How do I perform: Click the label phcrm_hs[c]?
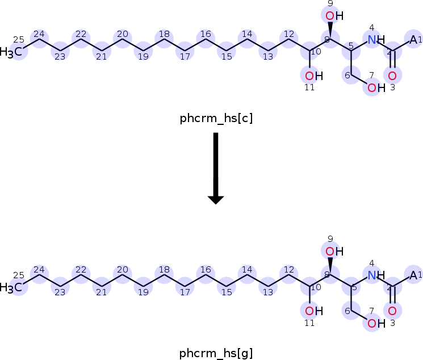[x=216, y=118]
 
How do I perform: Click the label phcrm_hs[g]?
[x=216, y=353]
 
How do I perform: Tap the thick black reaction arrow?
[x=216, y=169]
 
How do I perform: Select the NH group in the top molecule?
[x=376, y=40]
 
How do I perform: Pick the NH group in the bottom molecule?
[x=376, y=275]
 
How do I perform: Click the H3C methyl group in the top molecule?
[x=11, y=52]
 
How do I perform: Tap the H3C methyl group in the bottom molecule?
[x=11, y=287]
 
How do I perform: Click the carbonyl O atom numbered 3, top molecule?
[x=392, y=76]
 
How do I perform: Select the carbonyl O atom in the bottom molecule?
[x=392, y=311]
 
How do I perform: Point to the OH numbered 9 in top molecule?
[x=334, y=16]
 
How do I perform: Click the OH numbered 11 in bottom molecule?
[x=314, y=311]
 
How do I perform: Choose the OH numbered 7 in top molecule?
[x=376, y=87]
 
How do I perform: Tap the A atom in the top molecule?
[x=413, y=40]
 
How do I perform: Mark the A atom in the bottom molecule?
[x=413, y=275]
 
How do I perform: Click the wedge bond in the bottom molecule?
[x=330, y=266]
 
